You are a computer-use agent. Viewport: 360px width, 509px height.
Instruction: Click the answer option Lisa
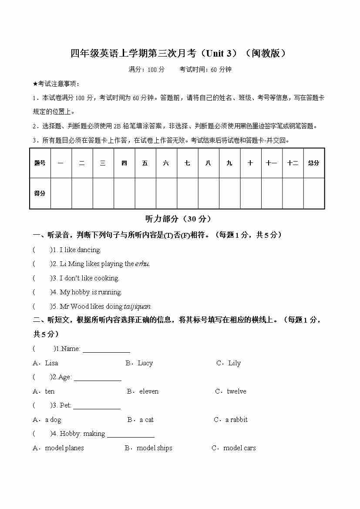(51, 363)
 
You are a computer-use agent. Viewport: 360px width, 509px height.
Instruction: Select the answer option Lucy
(145, 363)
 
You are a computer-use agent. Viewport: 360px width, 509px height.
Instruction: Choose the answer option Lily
(234, 363)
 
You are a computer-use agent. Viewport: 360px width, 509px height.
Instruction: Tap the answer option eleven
(149, 391)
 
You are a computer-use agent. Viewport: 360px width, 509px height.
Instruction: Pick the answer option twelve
(236, 391)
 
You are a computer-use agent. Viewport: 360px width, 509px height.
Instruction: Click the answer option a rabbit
(236, 420)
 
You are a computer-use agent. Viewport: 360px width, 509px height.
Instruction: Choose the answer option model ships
(154, 448)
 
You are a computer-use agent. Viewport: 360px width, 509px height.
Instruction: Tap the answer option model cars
(239, 448)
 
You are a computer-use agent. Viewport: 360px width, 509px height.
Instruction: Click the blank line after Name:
(106, 351)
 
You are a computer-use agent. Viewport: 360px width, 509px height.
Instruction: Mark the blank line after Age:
(98, 379)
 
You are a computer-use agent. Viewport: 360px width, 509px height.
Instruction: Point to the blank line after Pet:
(97, 408)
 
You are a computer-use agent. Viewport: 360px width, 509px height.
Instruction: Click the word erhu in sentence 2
(142, 264)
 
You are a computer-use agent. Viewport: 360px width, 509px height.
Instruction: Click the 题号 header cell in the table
(40, 163)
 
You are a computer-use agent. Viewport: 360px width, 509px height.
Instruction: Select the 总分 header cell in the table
(313, 163)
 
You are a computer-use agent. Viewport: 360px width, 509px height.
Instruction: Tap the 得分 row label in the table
(40, 193)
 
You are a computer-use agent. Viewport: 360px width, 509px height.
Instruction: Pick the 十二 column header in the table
(293, 163)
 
